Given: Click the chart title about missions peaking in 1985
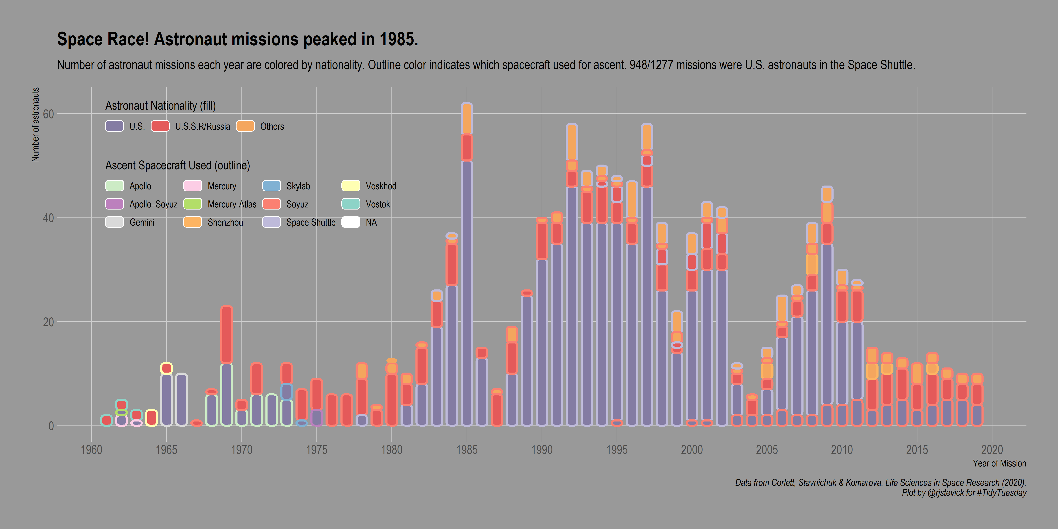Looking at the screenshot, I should [237, 39].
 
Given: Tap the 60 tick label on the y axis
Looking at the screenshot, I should [49, 114].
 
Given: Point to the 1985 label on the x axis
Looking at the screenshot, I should [467, 450].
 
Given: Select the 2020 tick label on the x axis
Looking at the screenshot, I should [992, 450].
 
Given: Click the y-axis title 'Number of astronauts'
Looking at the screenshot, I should [36, 125].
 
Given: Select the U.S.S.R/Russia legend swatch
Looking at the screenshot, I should [160, 126].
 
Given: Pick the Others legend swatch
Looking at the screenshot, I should [245, 126].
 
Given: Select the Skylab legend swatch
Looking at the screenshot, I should [271, 186].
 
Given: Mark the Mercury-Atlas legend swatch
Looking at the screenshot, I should [193, 204].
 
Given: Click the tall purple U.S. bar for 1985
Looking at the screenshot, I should [467, 292].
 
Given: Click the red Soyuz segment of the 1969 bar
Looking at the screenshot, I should [226, 335].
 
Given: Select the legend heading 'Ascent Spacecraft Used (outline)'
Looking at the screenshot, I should [177, 166].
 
